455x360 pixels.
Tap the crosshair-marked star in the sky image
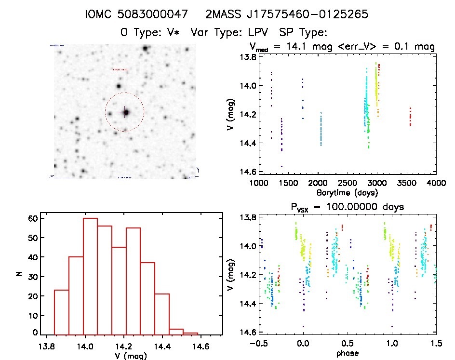point(126,112)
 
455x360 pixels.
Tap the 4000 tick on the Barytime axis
point(436,183)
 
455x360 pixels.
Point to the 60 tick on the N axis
point(32,218)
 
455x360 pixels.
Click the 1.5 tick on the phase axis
point(436,344)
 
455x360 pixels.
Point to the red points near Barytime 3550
point(410,117)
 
